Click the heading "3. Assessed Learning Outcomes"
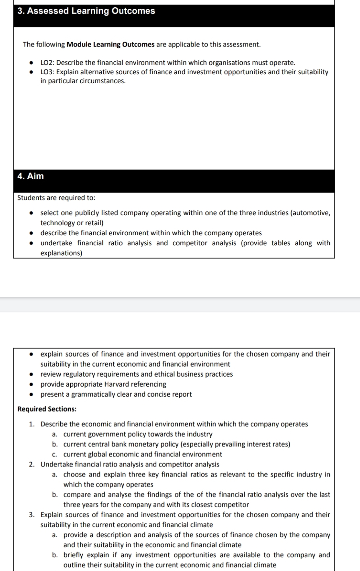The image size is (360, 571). tap(86, 11)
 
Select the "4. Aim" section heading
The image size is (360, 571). tap(31, 176)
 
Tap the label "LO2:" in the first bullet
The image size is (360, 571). tap(48, 63)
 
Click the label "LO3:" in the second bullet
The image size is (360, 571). tap(48, 72)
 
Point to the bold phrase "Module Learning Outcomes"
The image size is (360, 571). tap(110, 44)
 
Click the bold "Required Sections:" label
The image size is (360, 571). tap(47, 409)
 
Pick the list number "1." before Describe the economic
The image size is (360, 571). tap(32, 424)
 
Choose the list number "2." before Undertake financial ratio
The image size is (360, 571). tap(32, 465)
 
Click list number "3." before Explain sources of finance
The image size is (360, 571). tap(32, 515)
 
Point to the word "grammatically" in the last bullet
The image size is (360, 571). tap(91, 394)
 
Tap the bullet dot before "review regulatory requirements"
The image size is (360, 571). tap(31, 374)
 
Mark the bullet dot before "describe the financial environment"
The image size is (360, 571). tap(31, 233)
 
